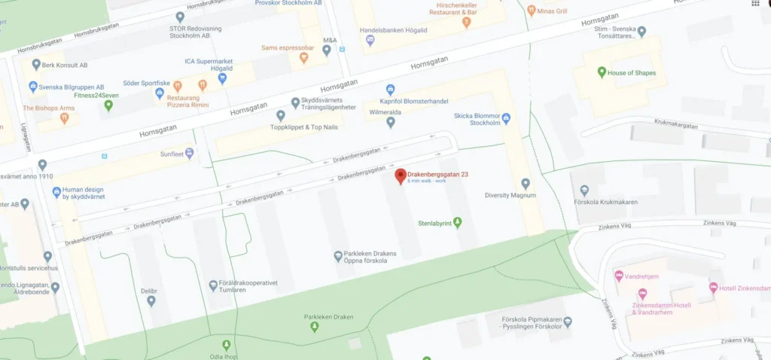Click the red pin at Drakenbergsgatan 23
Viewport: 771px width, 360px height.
pos(401,175)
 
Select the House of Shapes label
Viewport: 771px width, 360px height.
pos(632,73)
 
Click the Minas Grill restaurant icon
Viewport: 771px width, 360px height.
pos(532,11)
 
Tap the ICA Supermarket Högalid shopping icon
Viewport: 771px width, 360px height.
pos(223,78)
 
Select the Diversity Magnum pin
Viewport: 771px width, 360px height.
pos(526,183)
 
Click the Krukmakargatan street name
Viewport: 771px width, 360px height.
pos(676,126)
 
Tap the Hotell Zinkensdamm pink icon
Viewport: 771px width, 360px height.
pos(713,288)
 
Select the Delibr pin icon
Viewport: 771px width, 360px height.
pos(151,301)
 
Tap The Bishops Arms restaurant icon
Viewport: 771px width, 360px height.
pos(65,118)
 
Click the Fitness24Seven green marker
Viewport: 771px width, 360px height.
pos(108,105)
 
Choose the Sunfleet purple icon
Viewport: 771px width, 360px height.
pos(190,153)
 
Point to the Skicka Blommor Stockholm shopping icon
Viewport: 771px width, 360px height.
pos(506,118)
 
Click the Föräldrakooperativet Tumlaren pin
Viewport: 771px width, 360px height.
pos(213,285)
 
